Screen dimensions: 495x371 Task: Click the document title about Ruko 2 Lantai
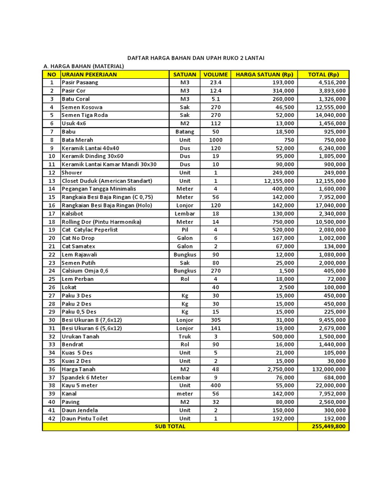tap(195, 58)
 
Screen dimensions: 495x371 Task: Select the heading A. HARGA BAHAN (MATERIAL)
tap(84, 66)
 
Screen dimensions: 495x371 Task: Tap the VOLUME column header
tap(215, 74)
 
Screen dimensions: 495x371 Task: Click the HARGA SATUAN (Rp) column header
tap(264, 74)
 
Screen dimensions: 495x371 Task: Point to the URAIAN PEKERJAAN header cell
tap(89, 74)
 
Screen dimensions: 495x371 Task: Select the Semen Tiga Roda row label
tap(85, 115)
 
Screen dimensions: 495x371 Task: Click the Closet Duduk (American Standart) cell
tap(107, 181)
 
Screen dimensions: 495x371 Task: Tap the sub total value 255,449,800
tap(324, 426)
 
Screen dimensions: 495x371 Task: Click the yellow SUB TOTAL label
tap(170, 426)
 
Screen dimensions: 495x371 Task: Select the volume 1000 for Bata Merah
tap(215, 140)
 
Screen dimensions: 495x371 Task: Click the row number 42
tap(51, 418)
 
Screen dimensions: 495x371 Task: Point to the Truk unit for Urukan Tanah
tap(185, 336)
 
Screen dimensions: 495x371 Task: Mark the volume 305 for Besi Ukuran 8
tap(215, 320)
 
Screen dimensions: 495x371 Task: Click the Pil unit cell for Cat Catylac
tap(185, 230)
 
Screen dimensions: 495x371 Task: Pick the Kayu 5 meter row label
tap(80, 386)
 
